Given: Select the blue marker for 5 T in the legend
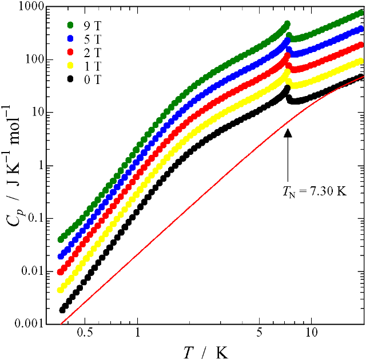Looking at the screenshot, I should pos(71,39).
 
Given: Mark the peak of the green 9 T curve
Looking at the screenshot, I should pos(287,24).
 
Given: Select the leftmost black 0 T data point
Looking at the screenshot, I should pos(62,310).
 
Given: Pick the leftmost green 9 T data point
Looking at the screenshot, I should pos(61,239).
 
